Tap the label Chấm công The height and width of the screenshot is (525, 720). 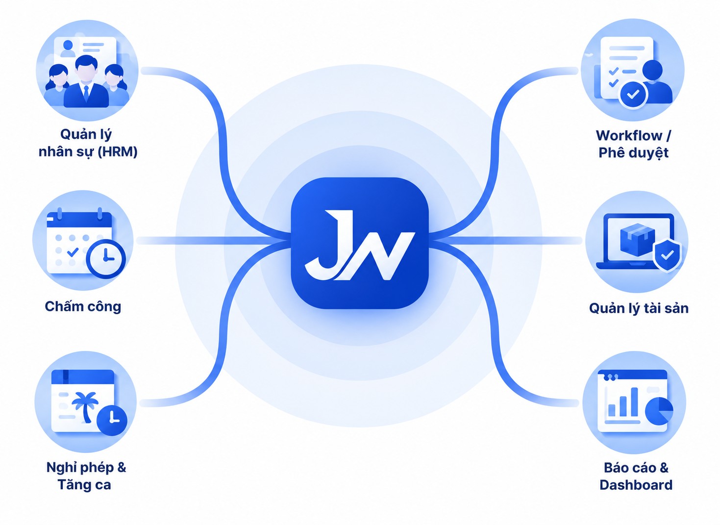83,307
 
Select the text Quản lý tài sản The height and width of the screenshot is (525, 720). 639,308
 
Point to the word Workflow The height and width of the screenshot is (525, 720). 629,136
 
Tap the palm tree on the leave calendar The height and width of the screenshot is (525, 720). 85,406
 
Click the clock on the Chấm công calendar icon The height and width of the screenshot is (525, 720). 106,259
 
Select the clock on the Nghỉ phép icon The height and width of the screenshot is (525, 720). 112,421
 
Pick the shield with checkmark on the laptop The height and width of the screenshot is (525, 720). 667,255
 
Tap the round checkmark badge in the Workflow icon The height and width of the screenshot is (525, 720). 633,94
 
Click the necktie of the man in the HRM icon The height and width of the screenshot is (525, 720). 86,93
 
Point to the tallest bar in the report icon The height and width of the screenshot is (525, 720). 634,402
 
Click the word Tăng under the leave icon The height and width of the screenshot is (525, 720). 70,485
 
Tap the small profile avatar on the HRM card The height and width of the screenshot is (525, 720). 68,48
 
